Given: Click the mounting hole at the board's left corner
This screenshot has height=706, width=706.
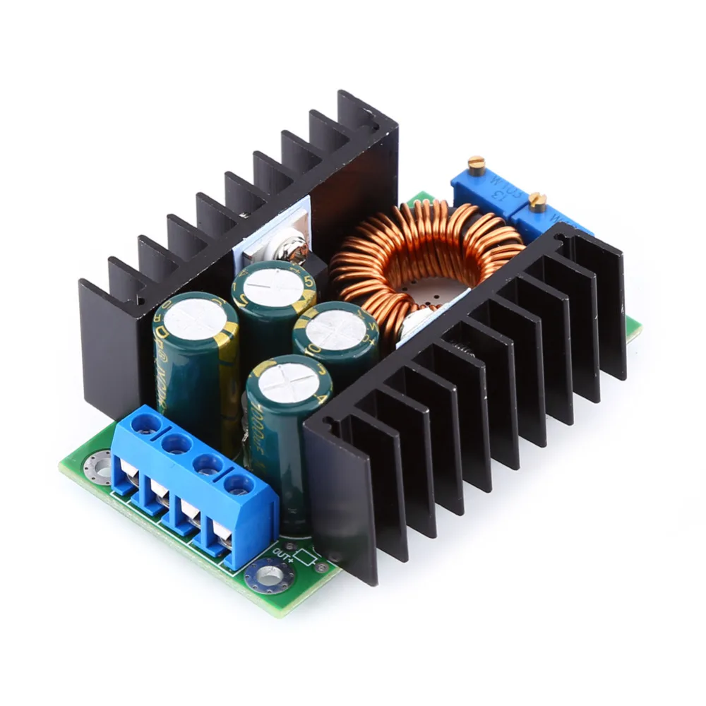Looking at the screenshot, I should [92, 466].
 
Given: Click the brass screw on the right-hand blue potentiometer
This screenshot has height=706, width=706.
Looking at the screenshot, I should [538, 202].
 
